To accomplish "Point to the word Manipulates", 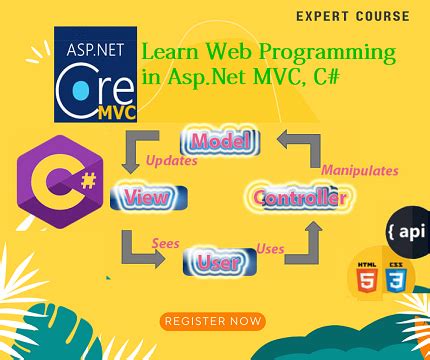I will (x=358, y=170).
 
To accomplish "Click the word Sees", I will (x=165, y=242).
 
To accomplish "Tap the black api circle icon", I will (x=404, y=231).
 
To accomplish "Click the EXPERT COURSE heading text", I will (x=352, y=16).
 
